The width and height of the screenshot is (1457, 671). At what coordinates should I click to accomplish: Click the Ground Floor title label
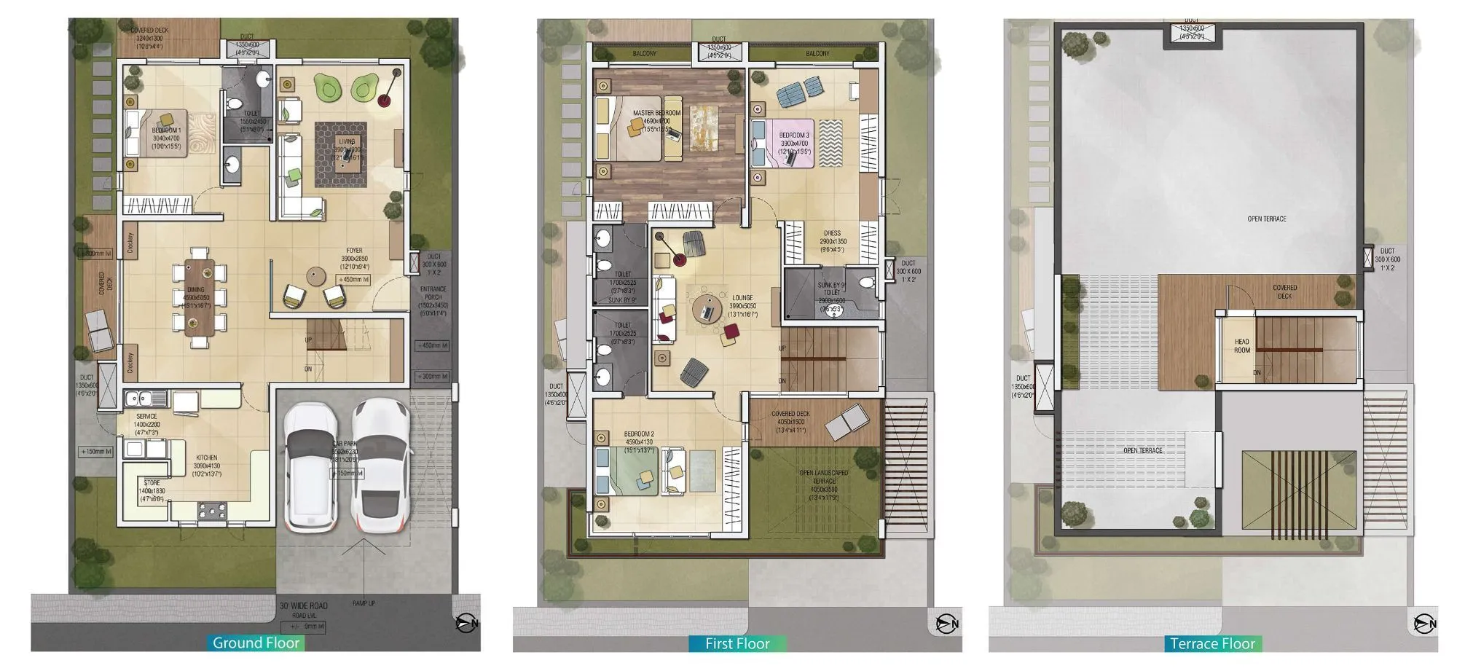(x=256, y=643)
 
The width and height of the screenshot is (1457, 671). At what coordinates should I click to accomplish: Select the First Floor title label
(x=737, y=643)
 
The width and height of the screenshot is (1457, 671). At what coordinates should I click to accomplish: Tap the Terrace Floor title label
(x=1212, y=643)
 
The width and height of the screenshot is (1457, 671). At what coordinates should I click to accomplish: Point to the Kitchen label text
(x=206, y=458)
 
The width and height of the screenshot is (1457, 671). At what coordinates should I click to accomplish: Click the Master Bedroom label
(x=656, y=114)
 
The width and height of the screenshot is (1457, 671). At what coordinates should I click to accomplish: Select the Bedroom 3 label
(x=793, y=136)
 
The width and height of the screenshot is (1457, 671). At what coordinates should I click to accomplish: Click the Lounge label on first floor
(x=742, y=298)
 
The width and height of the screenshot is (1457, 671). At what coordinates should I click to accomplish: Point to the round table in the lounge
(x=706, y=309)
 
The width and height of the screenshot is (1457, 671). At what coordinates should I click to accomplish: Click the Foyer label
(x=354, y=251)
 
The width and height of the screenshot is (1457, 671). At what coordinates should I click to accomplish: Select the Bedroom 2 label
(x=639, y=434)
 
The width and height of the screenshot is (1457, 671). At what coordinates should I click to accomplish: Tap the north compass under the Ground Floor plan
(x=466, y=623)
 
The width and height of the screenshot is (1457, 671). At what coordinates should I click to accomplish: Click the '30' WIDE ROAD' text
(x=303, y=605)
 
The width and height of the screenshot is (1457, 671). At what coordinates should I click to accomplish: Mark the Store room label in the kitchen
(x=152, y=483)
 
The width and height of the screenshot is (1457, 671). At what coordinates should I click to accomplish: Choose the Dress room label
(x=832, y=234)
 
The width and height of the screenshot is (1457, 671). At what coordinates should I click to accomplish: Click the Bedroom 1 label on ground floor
(x=166, y=130)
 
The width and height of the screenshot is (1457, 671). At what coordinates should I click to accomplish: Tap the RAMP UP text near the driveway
(x=364, y=603)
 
